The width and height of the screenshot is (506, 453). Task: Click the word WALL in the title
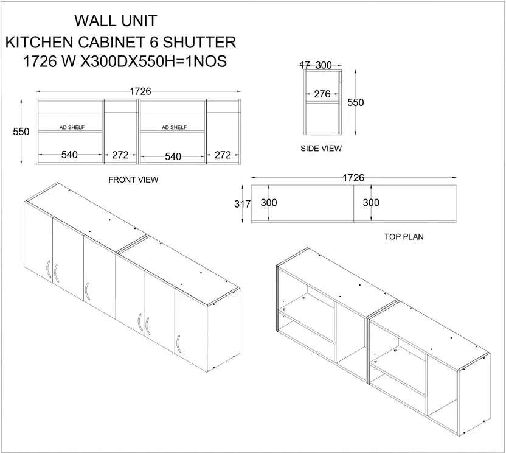click(x=95, y=21)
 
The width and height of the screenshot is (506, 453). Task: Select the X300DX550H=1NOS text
click(x=152, y=62)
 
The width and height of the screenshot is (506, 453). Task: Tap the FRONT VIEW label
click(x=133, y=180)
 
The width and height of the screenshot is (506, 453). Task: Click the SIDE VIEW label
click(x=321, y=148)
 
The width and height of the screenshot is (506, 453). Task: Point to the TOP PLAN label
click(x=404, y=236)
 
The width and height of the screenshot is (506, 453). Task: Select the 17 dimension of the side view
click(x=305, y=65)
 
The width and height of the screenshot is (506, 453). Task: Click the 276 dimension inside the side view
click(x=322, y=94)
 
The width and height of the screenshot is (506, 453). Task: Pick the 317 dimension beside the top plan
click(x=242, y=205)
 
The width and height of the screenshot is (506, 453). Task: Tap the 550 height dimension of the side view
click(x=355, y=103)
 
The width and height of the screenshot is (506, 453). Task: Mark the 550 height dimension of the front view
click(x=21, y=132)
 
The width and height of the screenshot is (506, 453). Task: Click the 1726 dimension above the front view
click(x=140, y=91)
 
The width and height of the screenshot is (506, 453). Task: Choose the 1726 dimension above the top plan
click(x=353, y=178)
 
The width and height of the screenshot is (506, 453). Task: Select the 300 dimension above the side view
click(x=324, y=65)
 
